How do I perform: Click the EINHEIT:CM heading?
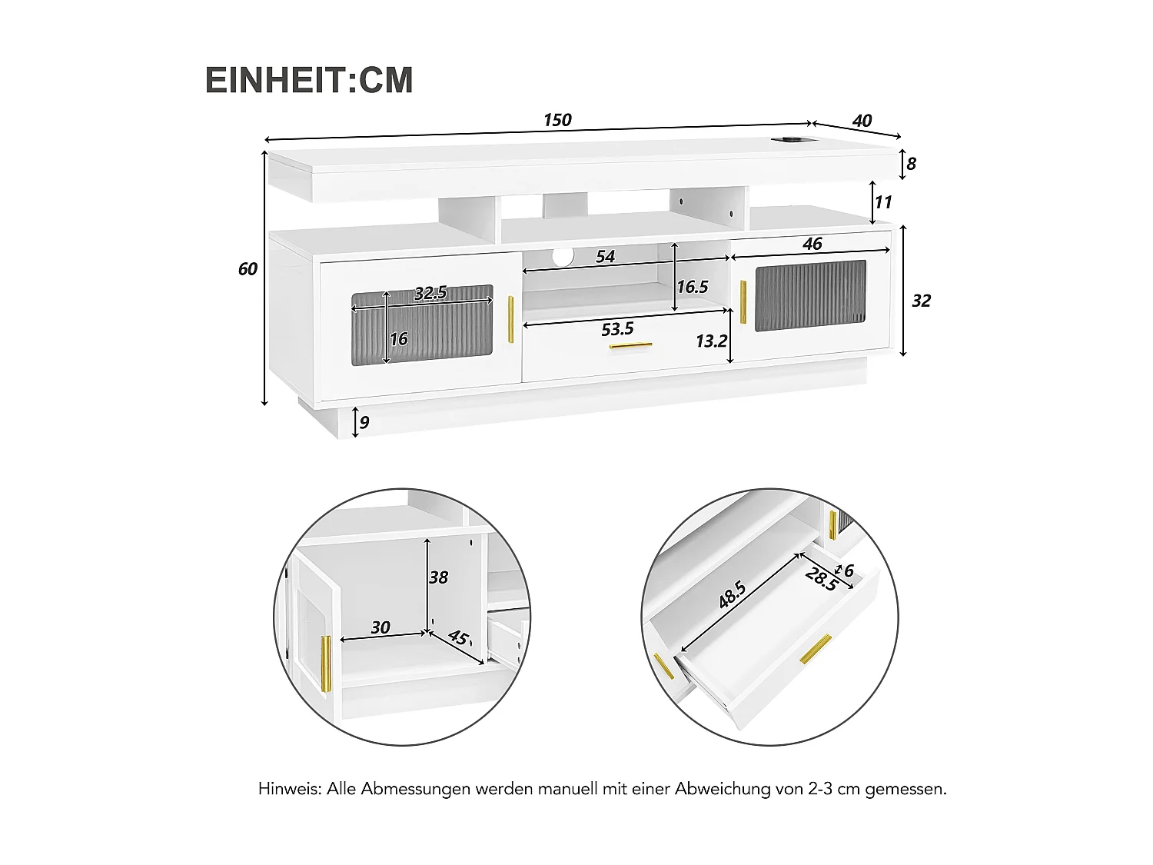[309, 80]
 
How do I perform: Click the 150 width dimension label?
[557, 120]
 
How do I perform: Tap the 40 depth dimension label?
[862, 121]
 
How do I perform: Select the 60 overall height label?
[248, 269]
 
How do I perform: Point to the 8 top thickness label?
[912, 164]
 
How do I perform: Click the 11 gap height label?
[883, 201]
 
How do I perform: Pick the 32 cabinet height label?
[921, 301]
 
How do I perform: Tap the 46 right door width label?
[812, 244]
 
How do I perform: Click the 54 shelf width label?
[606, 257]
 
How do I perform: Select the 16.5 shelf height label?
[692, 287]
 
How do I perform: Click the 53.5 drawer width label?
[617, 329]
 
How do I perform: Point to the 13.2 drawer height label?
[711, 341]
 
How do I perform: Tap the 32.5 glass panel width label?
[430, 293]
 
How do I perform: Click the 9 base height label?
[364, 422]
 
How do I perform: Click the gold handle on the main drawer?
[630, 346]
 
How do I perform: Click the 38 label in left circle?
[438, 577]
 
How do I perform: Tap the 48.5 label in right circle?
[732, 595]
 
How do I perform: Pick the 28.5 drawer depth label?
[821, 578]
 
